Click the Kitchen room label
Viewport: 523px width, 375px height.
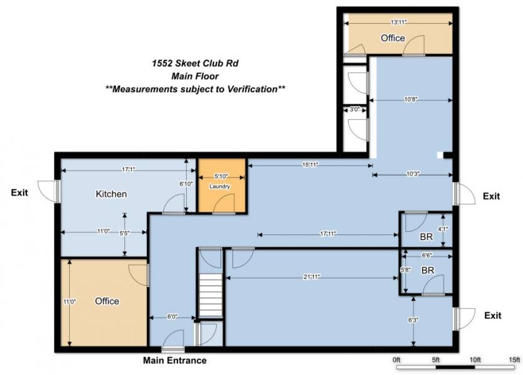[111, 194]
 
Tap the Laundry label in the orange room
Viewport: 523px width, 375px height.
[220, 186]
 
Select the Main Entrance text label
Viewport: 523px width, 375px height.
[174, 361]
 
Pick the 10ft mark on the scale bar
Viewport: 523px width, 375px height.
[475, 360]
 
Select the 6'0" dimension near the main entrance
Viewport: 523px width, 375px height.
[172, 316]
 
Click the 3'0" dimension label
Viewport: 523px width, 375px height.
[355, 110]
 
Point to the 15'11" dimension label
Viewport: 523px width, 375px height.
[309, 165]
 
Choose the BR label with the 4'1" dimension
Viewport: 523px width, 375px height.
[426, 237]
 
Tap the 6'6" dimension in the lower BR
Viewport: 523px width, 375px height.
[426, 255]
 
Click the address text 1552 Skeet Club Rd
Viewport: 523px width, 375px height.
[195, 63]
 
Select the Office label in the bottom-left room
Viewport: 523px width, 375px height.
[106, 301]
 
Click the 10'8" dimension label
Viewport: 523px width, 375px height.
[410, 98]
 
